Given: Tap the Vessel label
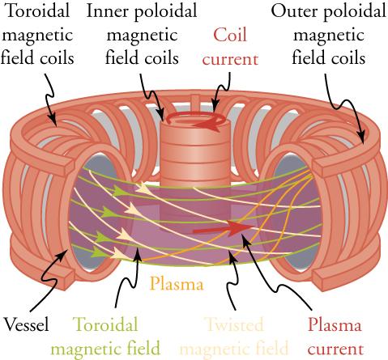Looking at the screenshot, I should pos(26,325).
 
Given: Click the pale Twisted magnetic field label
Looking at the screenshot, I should pos(233,337).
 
